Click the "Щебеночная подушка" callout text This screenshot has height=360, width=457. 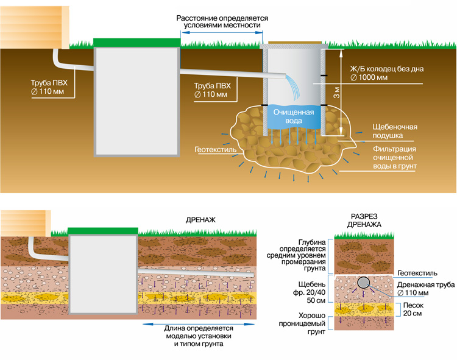(394, 131)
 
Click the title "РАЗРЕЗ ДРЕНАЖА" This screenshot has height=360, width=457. (366, 221)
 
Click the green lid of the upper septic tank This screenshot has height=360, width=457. (137, 41)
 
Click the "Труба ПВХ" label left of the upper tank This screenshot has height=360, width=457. (51, 85)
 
